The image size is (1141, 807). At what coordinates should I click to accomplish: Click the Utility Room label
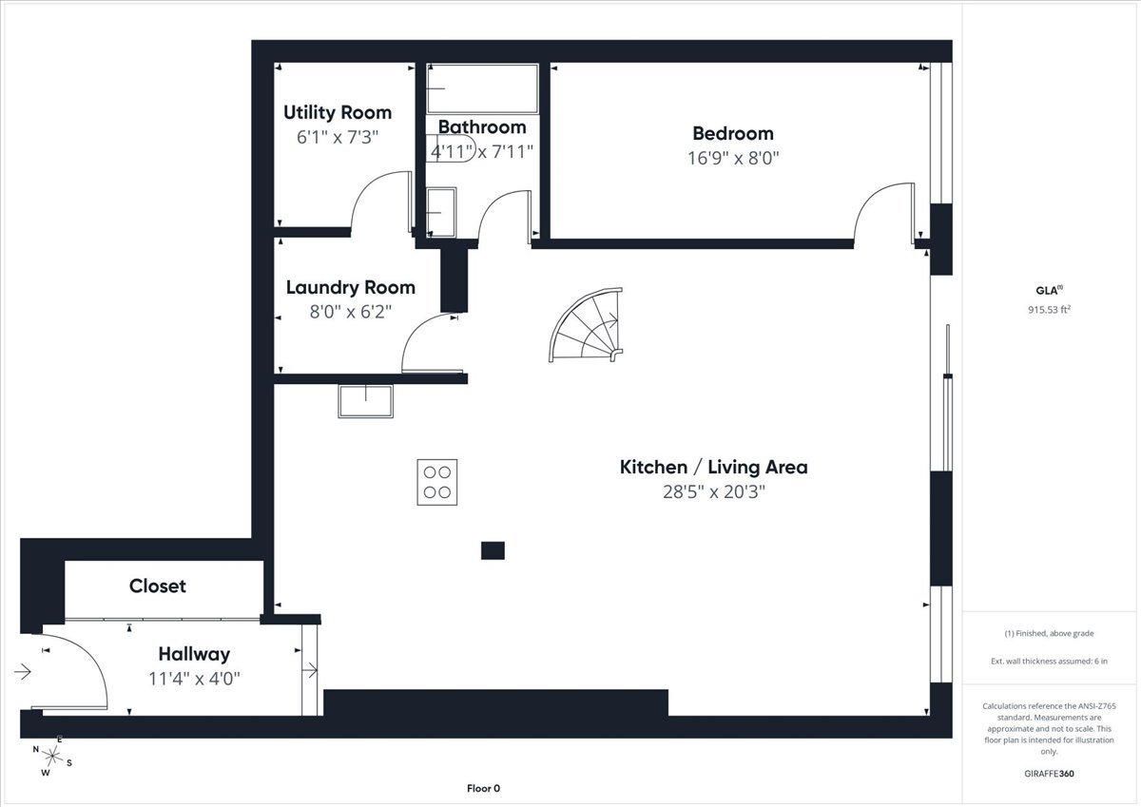point(338,112)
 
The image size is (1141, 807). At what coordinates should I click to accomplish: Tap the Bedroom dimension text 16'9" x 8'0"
point(733,159)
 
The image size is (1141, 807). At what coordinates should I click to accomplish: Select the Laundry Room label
point(351,288)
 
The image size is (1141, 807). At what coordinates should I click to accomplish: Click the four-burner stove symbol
point(437,482)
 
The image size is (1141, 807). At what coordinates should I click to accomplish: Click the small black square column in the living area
point(493,550)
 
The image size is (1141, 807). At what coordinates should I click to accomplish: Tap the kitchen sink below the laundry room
point(366,401)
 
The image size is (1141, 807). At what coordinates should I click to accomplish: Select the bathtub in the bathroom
point(482,88)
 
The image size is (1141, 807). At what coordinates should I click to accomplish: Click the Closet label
point(158,586)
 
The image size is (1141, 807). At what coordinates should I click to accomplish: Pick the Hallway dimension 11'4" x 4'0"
point(194,679)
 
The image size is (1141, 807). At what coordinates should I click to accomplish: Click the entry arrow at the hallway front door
point(23,672)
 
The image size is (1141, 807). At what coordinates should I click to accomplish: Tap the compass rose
point(52,756)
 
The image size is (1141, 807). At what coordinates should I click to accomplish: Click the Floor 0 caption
point(483,789)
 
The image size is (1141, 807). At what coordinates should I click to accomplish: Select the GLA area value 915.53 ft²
point(1050,310)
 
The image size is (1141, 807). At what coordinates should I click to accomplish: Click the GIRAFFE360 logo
point(1050,774)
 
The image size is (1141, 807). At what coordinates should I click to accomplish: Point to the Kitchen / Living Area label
point(714,468)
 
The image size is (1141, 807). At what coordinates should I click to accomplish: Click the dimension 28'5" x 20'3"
point(714,491)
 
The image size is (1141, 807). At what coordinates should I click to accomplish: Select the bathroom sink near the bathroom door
point(441,212)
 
